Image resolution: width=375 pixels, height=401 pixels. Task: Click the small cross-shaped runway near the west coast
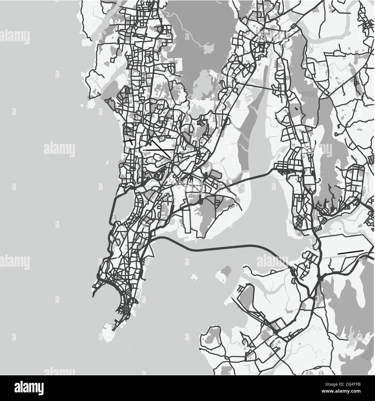pyautogui.click(x=130, y=142)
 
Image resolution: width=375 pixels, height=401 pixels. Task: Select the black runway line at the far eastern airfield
pyautogui.click(x=350, y=252)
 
